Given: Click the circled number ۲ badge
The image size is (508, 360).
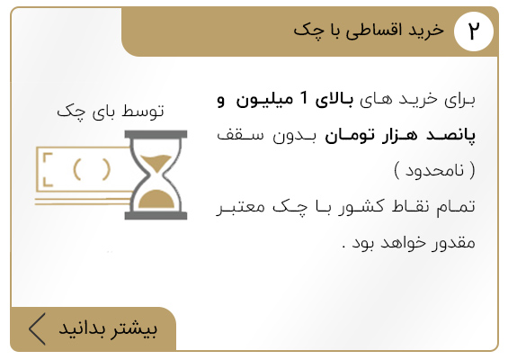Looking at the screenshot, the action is tap(474, 31).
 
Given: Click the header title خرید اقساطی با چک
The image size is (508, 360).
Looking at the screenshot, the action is tap(369, 31).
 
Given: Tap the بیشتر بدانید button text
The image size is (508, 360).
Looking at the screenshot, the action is tap(108, 328).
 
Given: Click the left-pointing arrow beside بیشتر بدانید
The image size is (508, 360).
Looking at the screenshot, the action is tap(37, 328).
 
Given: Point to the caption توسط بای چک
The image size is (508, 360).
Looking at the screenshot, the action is tap(111, 112).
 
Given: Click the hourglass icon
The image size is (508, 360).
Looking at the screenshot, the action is tap(156, 175).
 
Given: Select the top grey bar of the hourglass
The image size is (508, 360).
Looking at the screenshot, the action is tap(156, 134).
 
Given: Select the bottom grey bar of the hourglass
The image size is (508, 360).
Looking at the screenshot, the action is tap(156, 216).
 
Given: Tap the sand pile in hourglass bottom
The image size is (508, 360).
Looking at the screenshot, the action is tap(156, 200).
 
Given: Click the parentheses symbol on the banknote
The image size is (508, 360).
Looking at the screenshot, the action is tap(92, 169).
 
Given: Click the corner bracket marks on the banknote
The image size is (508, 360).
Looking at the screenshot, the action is tap(48, 169).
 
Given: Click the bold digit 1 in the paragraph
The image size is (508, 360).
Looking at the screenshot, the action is tap(304, 98).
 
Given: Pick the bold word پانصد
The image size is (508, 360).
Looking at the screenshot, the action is tap(450, 135).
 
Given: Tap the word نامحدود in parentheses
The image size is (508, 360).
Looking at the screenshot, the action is tap(434, 171).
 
